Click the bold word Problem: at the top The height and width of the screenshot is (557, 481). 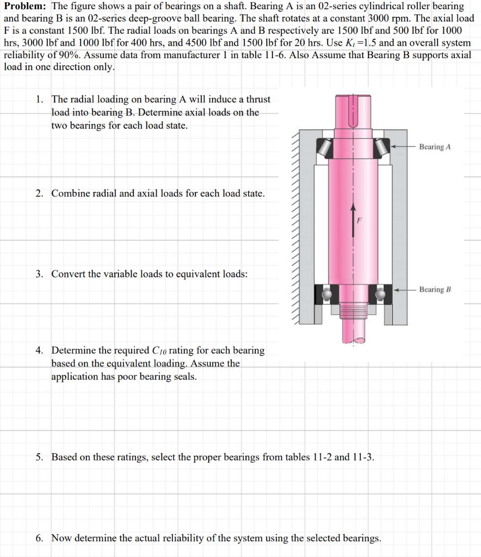(25, 7)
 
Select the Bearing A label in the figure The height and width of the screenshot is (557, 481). (435, 147)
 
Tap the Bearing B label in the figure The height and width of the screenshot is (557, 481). (435, 289)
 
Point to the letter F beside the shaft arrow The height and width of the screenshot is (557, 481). (359, 221)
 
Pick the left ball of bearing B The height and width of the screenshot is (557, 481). (326, 294)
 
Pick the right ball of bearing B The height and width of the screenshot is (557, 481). (380, 294)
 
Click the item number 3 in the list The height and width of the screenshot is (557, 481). (40, 274)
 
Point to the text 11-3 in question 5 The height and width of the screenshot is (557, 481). (363, 457)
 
